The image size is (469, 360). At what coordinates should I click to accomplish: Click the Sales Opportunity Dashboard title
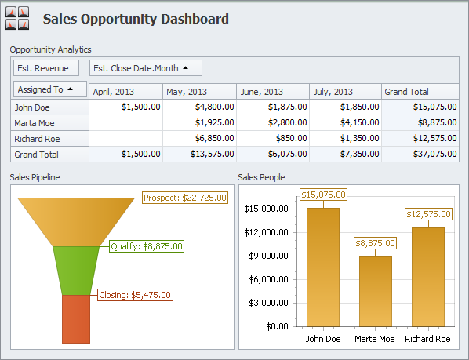point(136,19)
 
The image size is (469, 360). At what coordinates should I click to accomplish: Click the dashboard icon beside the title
point(17,19)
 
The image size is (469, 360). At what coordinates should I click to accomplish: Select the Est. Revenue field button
point(46,68)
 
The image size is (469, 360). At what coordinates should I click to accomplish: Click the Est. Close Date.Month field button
point(145,68)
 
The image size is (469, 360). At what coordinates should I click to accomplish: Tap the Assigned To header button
point(49,89)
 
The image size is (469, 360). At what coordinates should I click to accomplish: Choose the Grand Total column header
point(420,92)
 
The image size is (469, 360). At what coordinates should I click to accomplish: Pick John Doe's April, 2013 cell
point(125,107)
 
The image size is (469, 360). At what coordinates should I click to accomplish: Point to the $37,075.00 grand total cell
point(420,154)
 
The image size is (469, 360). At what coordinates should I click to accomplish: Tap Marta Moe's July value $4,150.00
point(345,122)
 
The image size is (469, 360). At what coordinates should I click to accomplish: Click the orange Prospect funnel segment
point(76,221)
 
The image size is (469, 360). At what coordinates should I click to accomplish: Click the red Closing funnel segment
point(76,318)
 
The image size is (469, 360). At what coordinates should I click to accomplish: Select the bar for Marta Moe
point(375,290)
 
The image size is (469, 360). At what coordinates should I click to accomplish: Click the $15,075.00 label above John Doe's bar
point(323,195)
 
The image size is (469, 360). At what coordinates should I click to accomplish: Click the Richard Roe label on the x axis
point(427,340)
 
